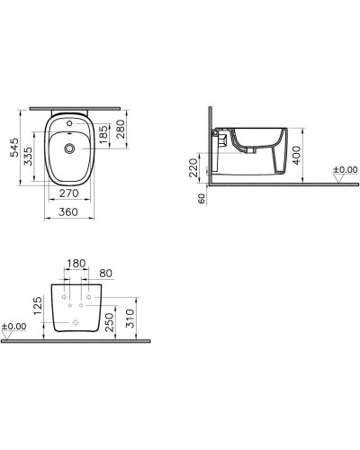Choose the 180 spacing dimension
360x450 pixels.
point(76,263)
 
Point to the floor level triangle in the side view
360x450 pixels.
point(338,179)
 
